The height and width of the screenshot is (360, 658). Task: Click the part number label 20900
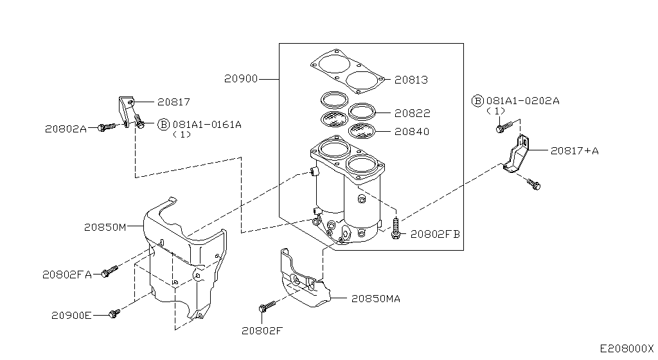(241, 79)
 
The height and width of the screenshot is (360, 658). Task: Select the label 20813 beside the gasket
(411, 80)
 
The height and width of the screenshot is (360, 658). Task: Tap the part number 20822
(412, 113)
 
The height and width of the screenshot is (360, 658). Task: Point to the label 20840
(412, 131)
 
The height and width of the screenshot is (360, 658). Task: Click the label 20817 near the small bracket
(173, 102)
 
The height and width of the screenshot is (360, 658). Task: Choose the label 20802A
(66, 128)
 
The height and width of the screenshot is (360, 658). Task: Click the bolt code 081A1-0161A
(206, 124)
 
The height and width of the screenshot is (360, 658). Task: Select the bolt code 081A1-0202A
(522, 101)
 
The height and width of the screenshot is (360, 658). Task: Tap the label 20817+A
(574, 150)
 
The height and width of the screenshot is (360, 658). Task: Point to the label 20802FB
(435, 234)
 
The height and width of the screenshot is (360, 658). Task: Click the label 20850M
(105, 226)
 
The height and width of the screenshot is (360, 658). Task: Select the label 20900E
(71, 315)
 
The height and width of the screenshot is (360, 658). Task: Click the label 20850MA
(375, 298)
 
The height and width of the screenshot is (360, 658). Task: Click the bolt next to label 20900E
(114, 313)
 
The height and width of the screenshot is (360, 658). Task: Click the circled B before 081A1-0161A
(163, 124)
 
